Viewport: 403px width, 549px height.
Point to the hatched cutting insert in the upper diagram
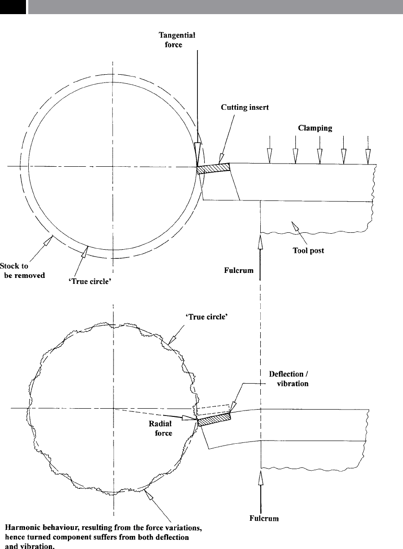pyautogui.click(x=213, y=168)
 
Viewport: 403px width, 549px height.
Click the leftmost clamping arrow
pyautogui.click(x=269, y=155)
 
